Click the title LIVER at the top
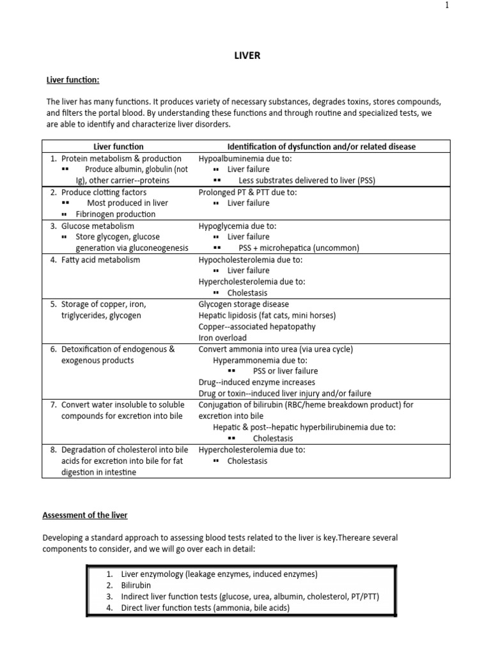[x=247, y=56]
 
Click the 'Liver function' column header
[x=118, y=146]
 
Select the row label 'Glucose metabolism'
[x=98, y=226]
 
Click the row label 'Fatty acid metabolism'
[x=100, y=260]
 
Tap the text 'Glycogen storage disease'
[x=244, y=304]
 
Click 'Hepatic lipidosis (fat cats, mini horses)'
[x=267, y=315]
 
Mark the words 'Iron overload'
[x=222, y=338]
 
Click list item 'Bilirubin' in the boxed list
[x=136, y=585]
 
